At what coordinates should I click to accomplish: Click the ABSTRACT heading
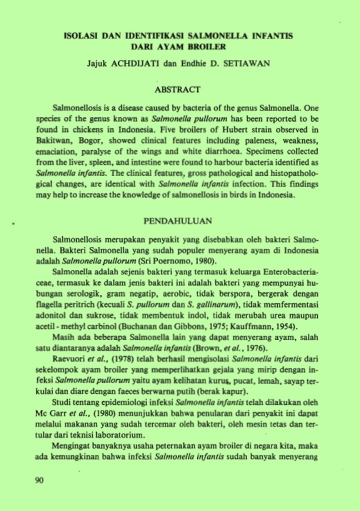pyautogui.click(x=177, y=89)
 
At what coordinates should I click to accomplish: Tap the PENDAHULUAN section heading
pyautogui.click(x=178, y=221)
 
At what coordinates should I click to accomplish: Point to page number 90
pyautogui.click(x=40, y=481)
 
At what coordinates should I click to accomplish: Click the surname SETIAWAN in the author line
pyautogui.click(x=243, y=64)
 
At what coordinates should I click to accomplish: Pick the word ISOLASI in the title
pyautogui.click(x=79, y=35)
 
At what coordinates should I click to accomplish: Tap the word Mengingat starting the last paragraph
pyautogui.click(x=70, y=446)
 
